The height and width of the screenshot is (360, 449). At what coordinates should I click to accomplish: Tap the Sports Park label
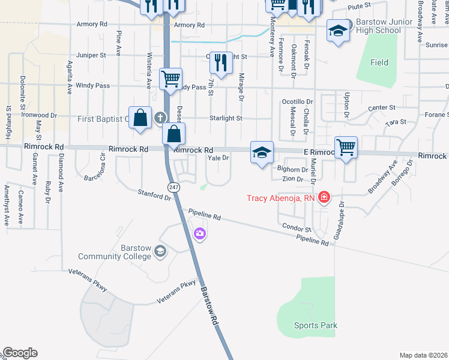pos(315,326)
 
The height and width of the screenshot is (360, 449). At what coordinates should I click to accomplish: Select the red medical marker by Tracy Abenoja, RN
pos(324,197)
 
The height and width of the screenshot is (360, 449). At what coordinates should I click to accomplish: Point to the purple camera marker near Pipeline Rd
pos(200,233)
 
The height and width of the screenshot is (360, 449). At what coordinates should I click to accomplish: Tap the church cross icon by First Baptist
pos(160,118)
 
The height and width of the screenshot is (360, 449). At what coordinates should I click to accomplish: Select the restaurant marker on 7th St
pos(221,62)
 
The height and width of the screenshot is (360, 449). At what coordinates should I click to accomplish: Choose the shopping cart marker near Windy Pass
pos(171,79)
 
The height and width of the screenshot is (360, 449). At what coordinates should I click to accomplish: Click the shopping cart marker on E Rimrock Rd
pos(346,147)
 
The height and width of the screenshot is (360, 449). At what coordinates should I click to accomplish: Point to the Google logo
pos(20,353)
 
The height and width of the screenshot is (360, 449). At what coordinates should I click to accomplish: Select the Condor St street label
pos(297,229)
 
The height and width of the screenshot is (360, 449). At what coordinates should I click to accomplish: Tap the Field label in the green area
pos(379,62)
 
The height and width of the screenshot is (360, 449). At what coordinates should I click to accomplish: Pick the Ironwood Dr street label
pos(39,114)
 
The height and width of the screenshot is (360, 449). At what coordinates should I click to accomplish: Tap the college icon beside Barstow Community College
pos(160,251)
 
